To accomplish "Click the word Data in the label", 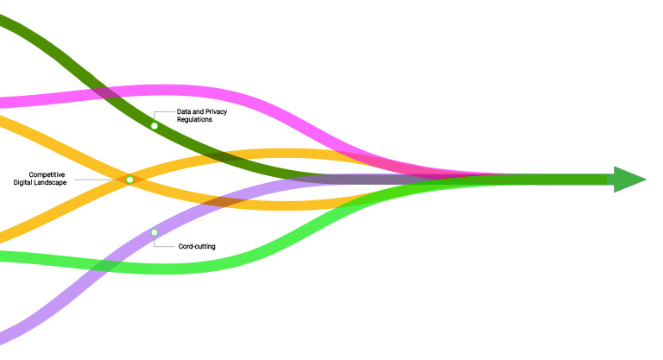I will tap(185, 112).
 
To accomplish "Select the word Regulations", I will tap(194, 120).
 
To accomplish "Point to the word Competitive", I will tap(47, 174).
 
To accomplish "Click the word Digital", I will tap(25, 182).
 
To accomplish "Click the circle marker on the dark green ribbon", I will tap(155, 126).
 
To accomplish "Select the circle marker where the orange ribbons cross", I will tap(129, 180).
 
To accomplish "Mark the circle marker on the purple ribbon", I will tap(155, 232).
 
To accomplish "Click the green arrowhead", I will tap(629, 180).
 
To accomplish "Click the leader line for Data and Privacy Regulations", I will tap(156, 114).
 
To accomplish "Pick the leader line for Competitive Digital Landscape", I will tap(95, 180).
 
